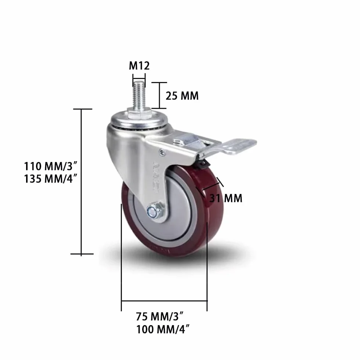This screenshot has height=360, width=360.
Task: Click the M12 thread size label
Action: pos(139,66)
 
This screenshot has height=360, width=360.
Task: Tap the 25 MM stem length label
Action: pos(182,96)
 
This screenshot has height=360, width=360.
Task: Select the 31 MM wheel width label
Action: pos(226,198)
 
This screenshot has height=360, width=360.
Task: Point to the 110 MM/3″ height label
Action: pos(51,166)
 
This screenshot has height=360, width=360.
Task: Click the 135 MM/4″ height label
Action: pos(51,179)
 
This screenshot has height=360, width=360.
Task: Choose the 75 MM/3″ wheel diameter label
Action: pos(160,316)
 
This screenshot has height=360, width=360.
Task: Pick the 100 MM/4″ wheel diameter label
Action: pos(163,329)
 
